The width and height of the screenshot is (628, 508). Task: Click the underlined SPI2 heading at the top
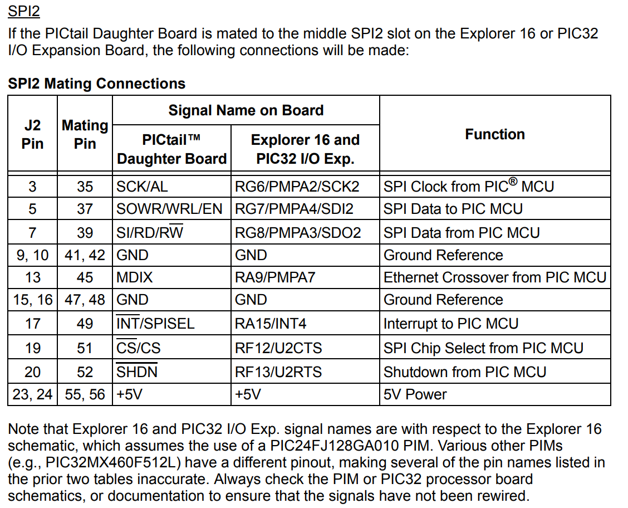(24, 11)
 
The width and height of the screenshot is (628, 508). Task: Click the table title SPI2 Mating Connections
(96, 84)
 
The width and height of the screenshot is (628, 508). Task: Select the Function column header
(494, 134)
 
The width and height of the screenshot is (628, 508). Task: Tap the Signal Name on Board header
(246, 110)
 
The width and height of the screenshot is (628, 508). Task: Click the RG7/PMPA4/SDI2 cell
(294, 209)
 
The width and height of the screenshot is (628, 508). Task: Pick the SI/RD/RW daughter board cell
(149, 232)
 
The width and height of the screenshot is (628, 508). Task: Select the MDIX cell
(134, 277)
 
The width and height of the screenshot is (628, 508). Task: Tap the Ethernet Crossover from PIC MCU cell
(494, 277)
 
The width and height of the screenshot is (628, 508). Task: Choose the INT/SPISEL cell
(155, 324)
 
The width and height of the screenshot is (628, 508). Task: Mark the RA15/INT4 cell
(271, 324)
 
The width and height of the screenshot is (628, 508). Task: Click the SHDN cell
(137, 372)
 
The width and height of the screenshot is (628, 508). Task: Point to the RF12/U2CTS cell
(278, 348)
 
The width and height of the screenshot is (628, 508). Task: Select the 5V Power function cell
(415, 394)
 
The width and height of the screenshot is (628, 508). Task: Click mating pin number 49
(85, 324)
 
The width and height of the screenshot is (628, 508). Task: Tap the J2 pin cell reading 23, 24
(33, 394)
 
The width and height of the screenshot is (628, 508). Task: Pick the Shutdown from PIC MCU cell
(465, 372)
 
